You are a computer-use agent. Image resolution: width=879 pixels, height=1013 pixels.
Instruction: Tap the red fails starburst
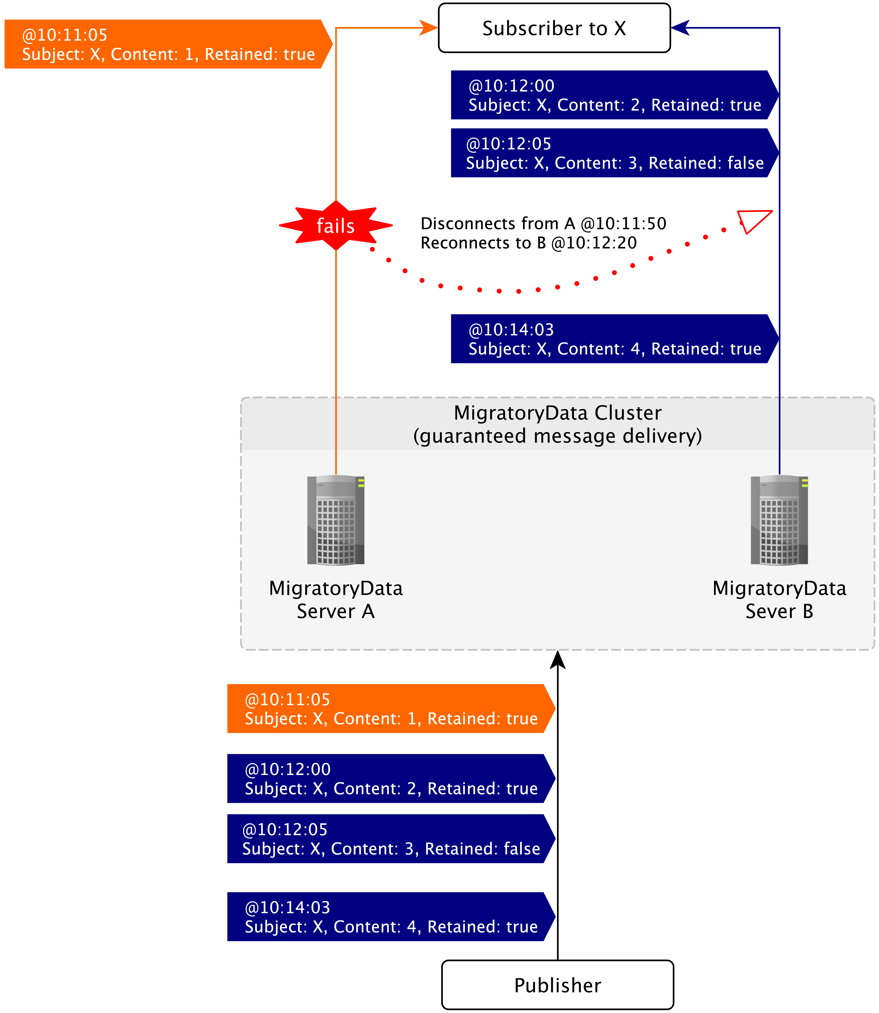(335, 226)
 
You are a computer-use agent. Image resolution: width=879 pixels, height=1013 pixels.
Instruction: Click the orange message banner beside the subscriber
(167, 44)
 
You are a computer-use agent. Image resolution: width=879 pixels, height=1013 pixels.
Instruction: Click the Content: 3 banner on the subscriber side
(613, 153)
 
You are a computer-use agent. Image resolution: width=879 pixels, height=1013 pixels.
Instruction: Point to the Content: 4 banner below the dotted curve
(613, 339)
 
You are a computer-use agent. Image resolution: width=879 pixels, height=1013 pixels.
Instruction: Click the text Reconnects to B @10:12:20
(528, 243)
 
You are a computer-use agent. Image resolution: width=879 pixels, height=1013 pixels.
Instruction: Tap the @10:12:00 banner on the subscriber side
(613, 95)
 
